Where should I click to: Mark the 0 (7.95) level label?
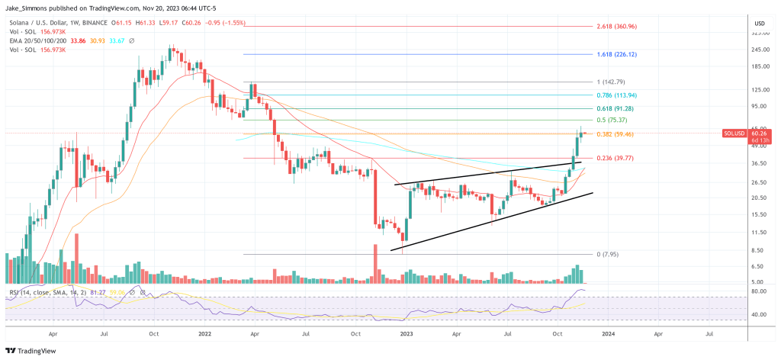pos(608,254)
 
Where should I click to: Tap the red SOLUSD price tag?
pos(734,133)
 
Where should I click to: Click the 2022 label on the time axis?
pos(204,333)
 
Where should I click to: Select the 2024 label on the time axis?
pos(608,333)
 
